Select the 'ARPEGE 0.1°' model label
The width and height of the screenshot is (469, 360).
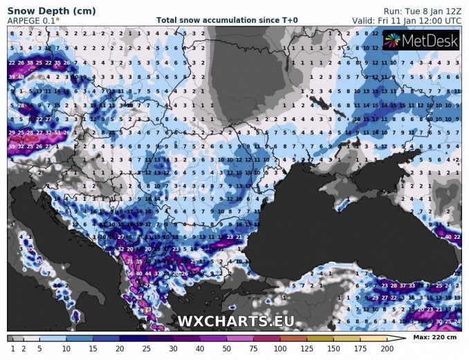(33, 21)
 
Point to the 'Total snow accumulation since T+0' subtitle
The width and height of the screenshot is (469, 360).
(227, 21)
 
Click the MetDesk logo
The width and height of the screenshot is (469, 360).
(421, 42)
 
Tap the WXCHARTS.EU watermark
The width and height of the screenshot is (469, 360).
(235, 321)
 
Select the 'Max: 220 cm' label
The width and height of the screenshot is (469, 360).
(434, 337)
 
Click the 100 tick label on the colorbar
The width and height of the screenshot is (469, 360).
(279, 348)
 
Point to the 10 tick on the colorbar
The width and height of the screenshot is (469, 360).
(66, 348)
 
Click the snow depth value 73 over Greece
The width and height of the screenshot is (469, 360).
(148, 309)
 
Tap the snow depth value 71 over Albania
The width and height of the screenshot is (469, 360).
(130, 262)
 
